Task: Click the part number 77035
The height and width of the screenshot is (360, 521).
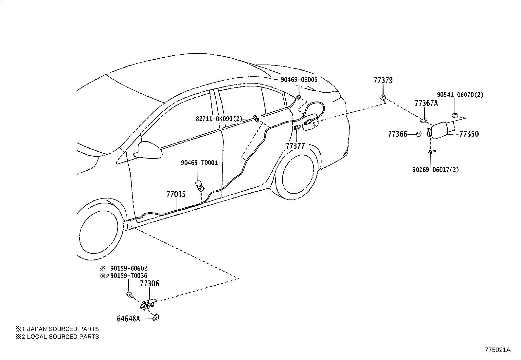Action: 176,194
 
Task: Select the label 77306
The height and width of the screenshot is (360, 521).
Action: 149,284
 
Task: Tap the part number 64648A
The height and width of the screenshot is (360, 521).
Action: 128,318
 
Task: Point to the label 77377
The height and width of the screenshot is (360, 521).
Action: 295,146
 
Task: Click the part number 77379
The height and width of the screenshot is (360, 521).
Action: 383,80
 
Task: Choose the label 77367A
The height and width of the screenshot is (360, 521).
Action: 426,103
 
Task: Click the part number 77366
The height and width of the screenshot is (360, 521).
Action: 397,134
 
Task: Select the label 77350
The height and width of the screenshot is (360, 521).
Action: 469,134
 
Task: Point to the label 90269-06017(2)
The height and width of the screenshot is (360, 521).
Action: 435,170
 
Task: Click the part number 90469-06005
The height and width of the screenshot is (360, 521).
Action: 299,80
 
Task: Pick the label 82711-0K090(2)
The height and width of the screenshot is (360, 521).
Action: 219,119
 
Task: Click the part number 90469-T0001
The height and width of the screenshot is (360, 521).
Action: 200,162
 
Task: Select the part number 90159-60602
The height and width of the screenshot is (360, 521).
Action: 129,268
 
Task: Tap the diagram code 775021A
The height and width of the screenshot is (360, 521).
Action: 497,350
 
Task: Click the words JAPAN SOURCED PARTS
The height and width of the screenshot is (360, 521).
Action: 63,329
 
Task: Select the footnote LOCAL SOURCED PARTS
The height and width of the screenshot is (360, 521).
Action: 63,336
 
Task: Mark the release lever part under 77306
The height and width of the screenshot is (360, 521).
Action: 149,304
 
